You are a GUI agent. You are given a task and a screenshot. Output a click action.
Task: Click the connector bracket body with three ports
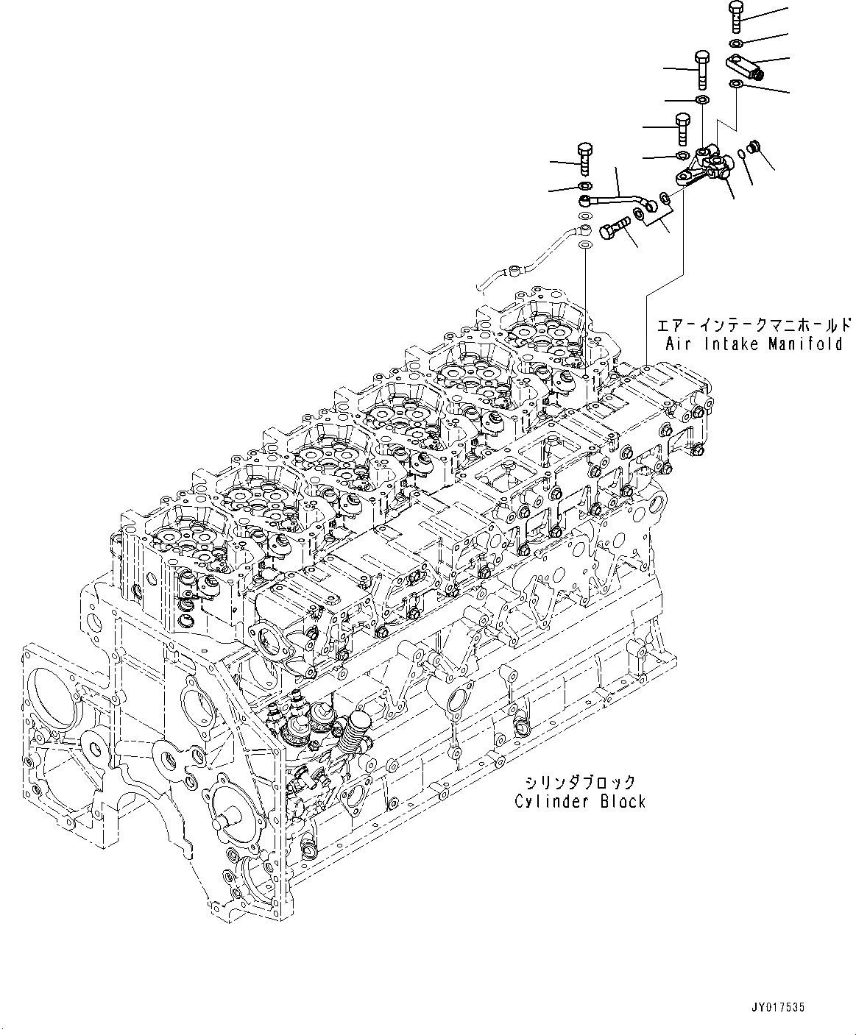point(704,168)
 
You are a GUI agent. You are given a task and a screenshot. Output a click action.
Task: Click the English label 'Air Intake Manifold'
point(754,344)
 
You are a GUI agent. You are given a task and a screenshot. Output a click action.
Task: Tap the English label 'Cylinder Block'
point(580,801)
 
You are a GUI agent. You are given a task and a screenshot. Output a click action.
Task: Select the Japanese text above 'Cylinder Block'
point(580,782)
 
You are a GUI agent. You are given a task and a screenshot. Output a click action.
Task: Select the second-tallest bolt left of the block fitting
point(701,68)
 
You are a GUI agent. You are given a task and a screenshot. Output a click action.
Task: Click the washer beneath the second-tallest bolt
point(702,99)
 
